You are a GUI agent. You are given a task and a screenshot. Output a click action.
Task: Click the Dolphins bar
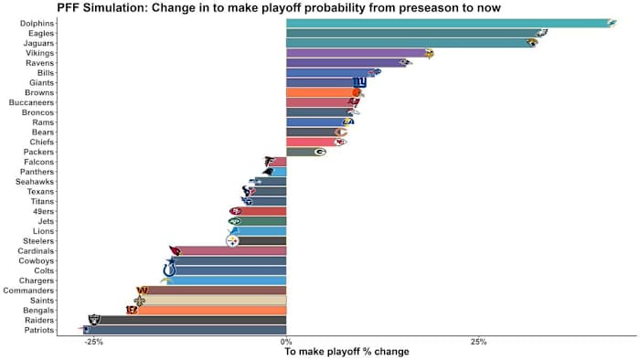[x=448, y=23]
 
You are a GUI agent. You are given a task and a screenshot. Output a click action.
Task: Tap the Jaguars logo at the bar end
[x=532, y=42]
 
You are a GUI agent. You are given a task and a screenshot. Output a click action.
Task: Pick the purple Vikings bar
[x=357, y=53]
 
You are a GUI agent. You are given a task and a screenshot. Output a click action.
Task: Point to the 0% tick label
[x=286, y=342]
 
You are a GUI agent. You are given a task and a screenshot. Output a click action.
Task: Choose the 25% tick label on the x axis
[x=478, y=342]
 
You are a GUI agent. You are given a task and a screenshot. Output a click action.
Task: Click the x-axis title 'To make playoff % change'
[x=347, y=353]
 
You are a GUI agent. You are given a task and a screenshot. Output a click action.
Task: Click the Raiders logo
[x=95, y=320]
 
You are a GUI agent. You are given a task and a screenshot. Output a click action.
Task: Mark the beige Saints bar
[x=215, y=300]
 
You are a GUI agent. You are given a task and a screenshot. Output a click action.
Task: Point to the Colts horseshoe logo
[x=169, y=270]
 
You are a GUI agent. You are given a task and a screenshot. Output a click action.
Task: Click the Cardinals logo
[x=175, y=250]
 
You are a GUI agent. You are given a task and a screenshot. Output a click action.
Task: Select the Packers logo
[x=319, y=152]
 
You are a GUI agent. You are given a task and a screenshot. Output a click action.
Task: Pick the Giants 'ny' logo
[x=359, y=82]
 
